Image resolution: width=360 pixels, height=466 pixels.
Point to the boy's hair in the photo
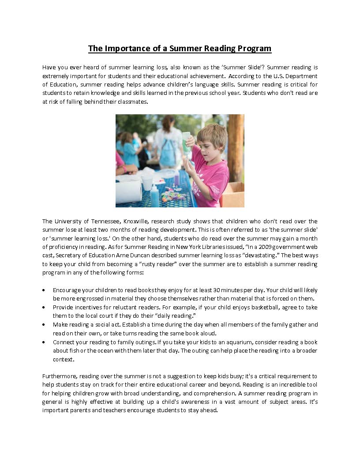pyautogui.click(x=214, y=132)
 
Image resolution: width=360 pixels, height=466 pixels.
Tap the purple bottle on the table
pyautogui.click(x=177, y=179)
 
